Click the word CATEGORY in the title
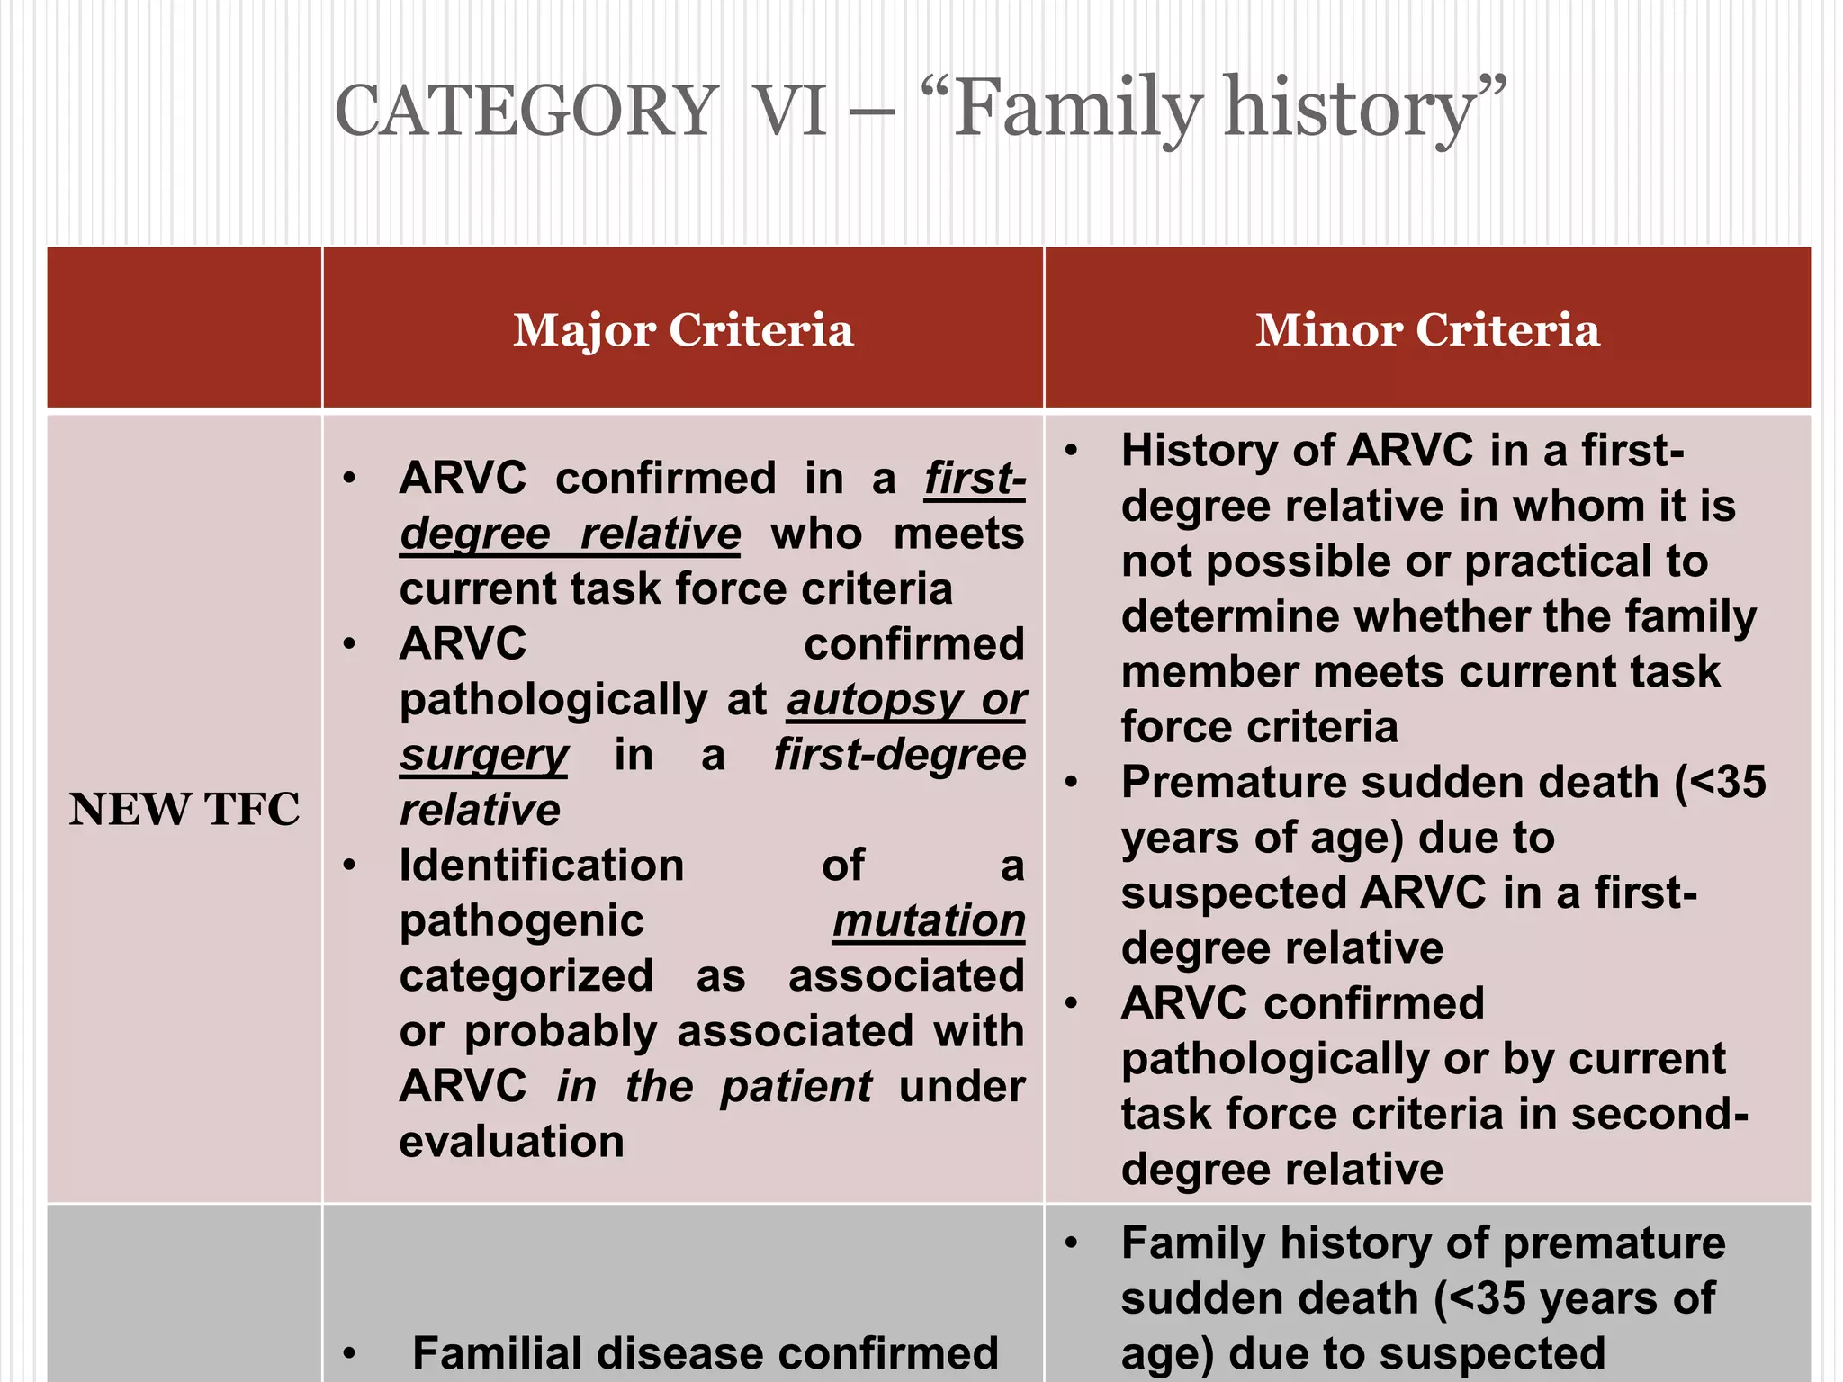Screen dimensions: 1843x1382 (x=526, y=111)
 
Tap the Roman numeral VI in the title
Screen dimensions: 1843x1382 (x=789, y=111)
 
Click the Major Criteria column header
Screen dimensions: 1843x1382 (x=683, y=329)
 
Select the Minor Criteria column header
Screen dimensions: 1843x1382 (x=1427, y=329)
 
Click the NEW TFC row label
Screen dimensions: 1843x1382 (x=184, y=809)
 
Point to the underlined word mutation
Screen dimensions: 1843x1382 (x=929, y=921)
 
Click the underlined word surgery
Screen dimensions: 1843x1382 (x=484, y=756)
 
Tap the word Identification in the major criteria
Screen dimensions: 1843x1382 (x=542, y=866)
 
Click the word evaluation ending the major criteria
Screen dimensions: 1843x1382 (x=511, y=1142)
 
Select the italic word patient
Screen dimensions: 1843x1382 (x=796, y=1087)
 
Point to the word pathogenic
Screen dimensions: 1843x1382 (x=522, y=921)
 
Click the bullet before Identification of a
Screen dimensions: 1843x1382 (x=349, y=866)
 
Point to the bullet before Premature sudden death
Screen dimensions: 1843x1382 (x=1071, y=783)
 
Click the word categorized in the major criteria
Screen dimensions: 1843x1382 (x=526, y=976)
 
